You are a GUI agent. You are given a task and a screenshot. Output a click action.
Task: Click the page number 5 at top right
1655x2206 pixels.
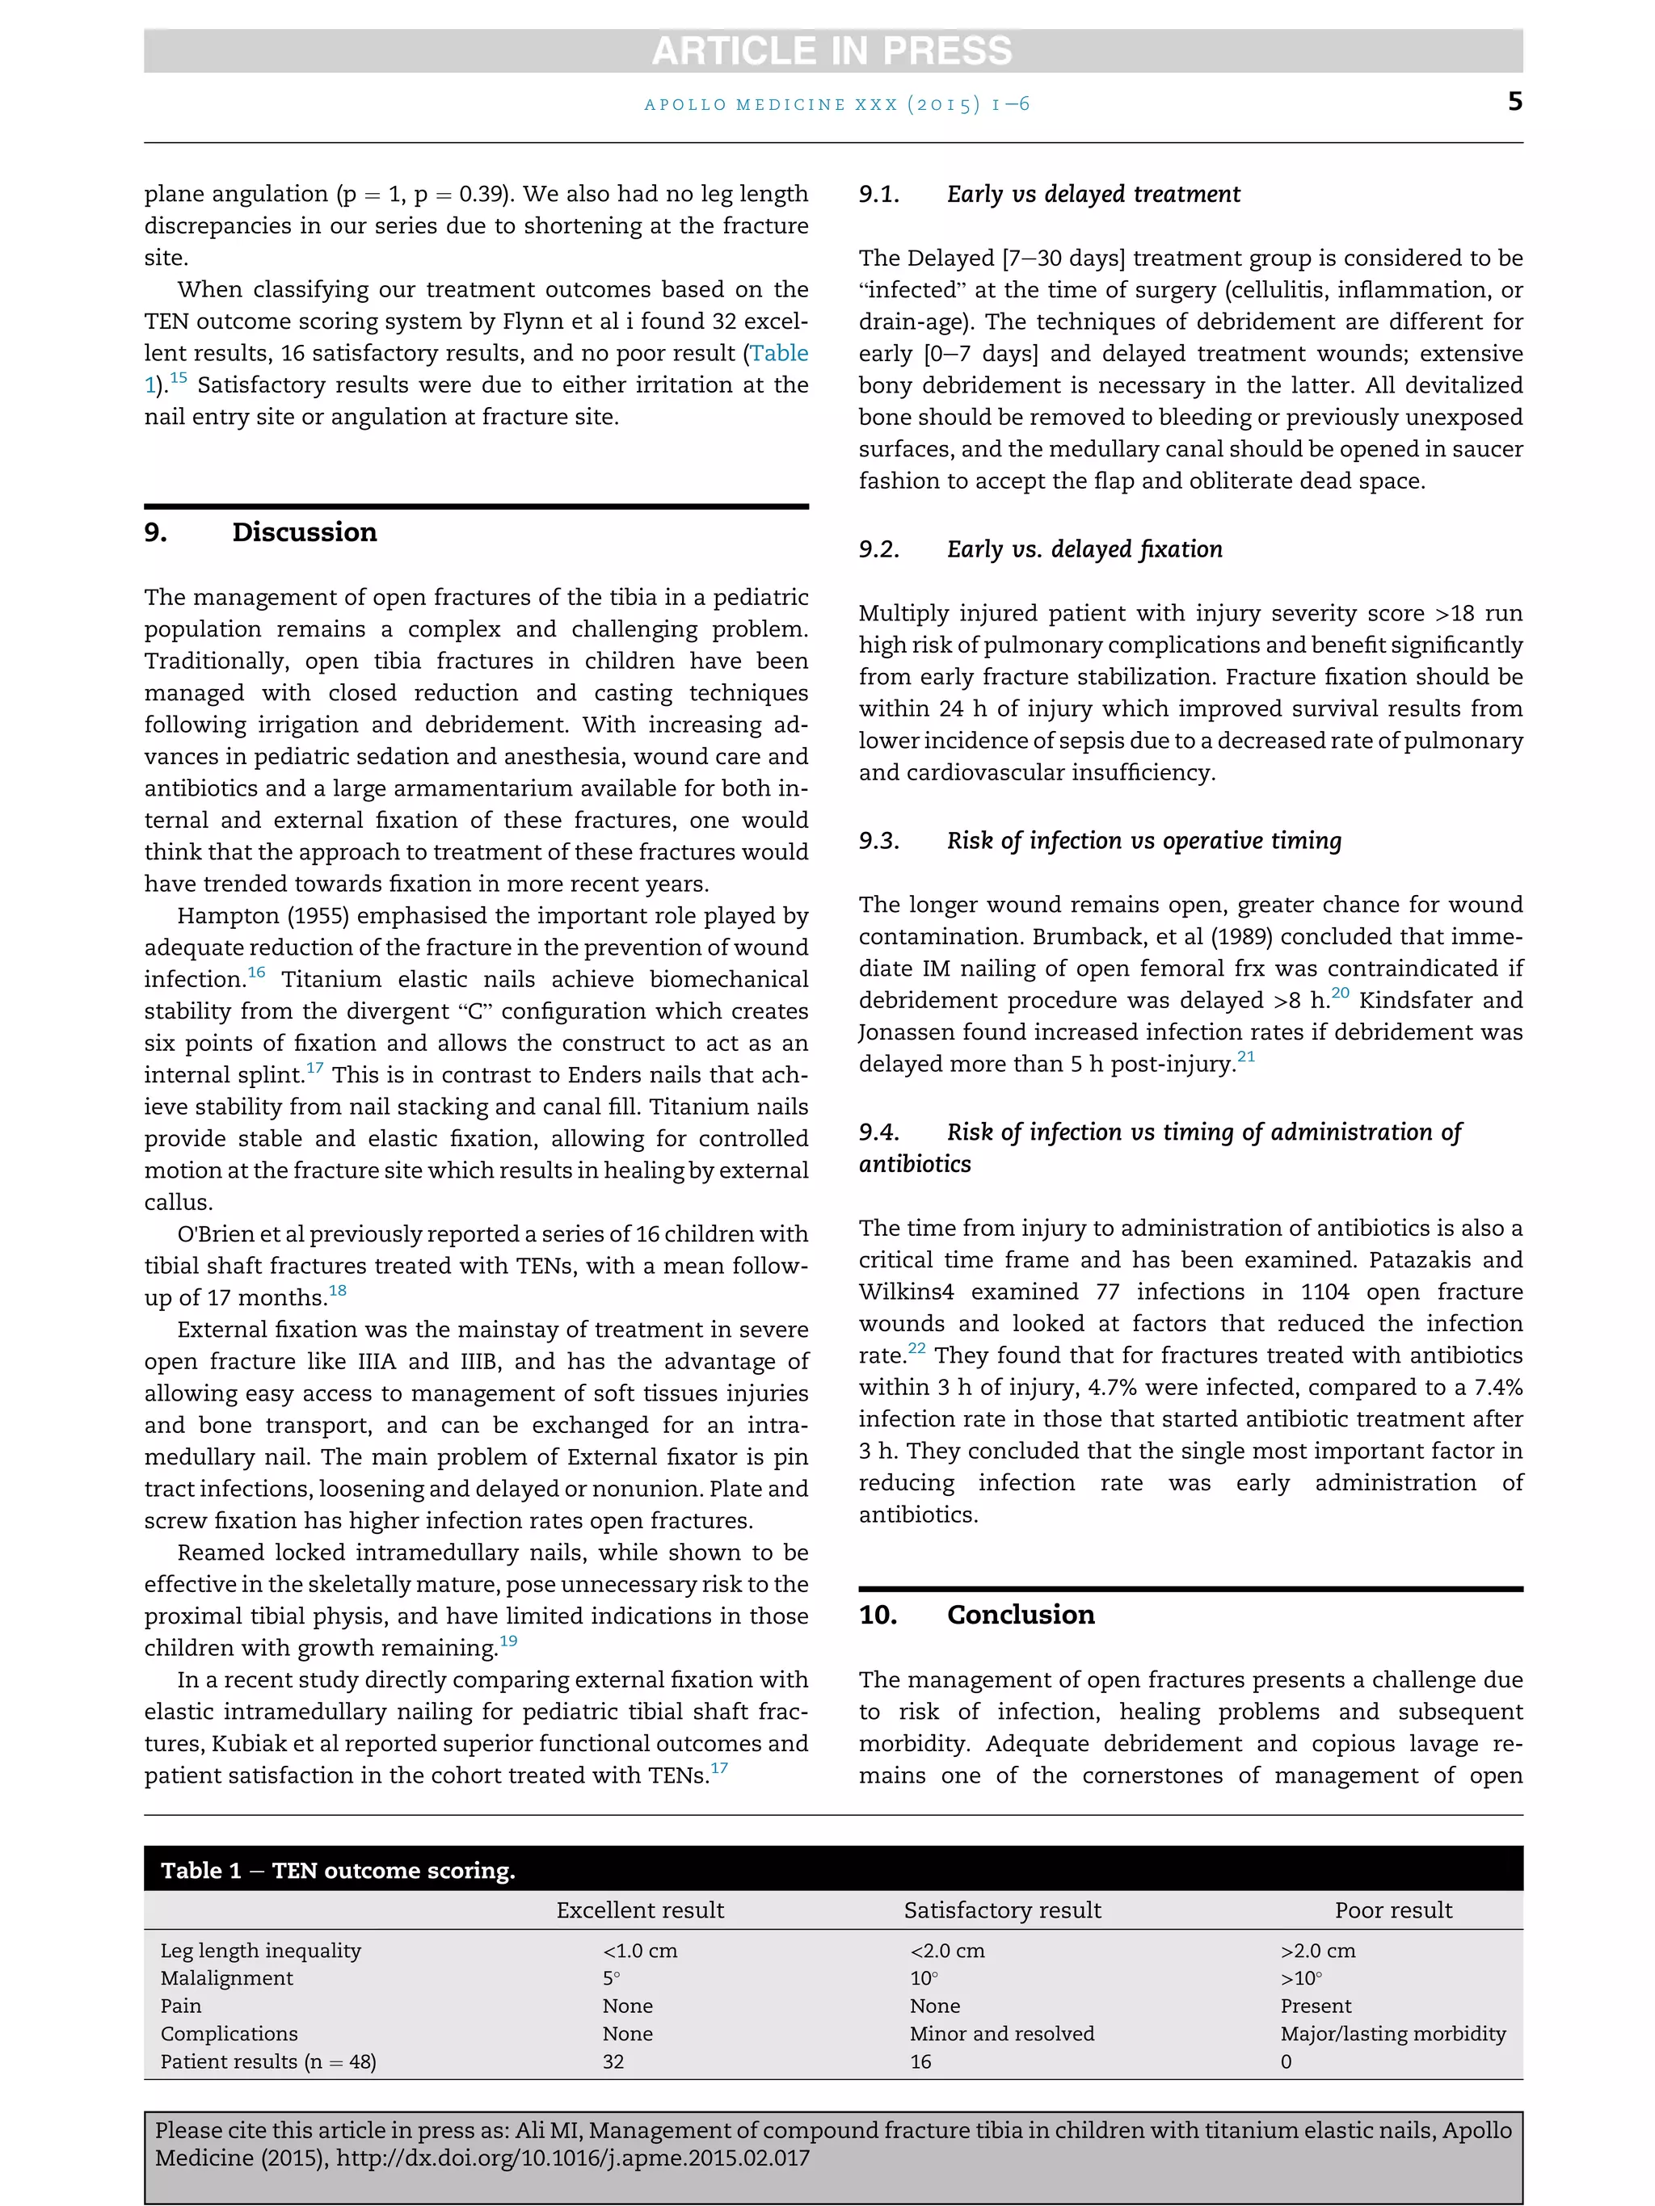click(1514, 102)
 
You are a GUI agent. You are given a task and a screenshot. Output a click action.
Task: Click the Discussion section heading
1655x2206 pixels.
click(305, 532)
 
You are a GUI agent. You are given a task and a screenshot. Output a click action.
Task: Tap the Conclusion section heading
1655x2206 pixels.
click(1020, 1615)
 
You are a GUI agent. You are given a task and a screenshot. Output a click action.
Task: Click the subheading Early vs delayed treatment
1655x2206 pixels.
click(1093, 195)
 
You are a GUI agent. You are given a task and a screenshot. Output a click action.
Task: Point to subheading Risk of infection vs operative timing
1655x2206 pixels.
click(1143, 841)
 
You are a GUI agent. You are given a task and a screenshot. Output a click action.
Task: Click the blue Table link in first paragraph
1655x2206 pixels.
click(779, 353)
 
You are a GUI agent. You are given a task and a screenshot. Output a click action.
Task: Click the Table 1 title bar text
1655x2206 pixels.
click(338, 1871)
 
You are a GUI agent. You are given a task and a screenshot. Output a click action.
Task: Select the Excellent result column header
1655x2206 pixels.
click(639, 1910)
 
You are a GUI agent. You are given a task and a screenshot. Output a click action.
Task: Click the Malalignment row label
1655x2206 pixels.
click(226, 1977)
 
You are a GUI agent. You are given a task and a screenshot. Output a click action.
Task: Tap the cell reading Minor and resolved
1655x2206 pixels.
click(1001, 2033)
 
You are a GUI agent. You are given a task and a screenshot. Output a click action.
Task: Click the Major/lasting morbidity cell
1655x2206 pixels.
click(1392, 2033)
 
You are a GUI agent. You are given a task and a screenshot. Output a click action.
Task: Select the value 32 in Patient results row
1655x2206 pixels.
click(613, 2061)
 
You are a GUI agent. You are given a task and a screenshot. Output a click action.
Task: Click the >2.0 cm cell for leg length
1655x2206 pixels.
click(1318, 1951)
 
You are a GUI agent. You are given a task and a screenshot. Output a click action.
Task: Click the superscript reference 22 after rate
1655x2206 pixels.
click(916, 1348)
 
